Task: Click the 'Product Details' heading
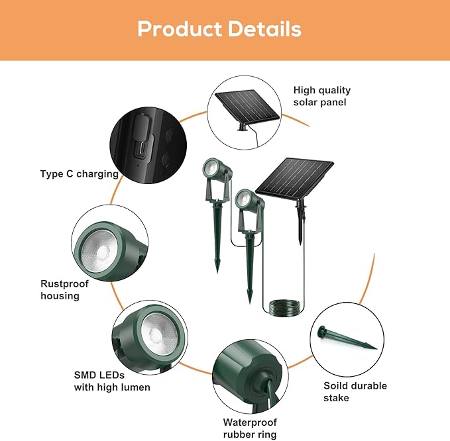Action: (x=219, y=29)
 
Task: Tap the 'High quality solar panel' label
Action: (x=322, y=96)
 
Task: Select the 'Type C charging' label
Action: (x=79, y=174)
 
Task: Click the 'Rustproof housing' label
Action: (x=64, y=289)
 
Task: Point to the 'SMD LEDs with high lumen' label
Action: (x=111, y=381)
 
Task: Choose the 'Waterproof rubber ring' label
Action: (x=250, y=428)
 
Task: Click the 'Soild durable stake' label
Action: (x=355, y=391)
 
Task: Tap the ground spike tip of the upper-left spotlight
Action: (x=217, y=268)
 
